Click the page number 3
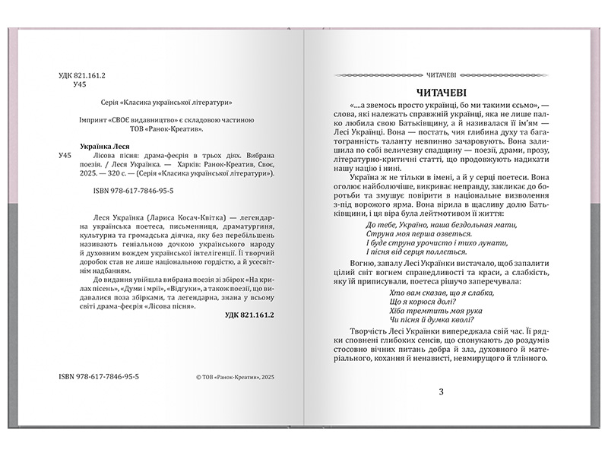(x=441, y=391)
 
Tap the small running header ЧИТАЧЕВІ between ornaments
(x=440, y=74)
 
